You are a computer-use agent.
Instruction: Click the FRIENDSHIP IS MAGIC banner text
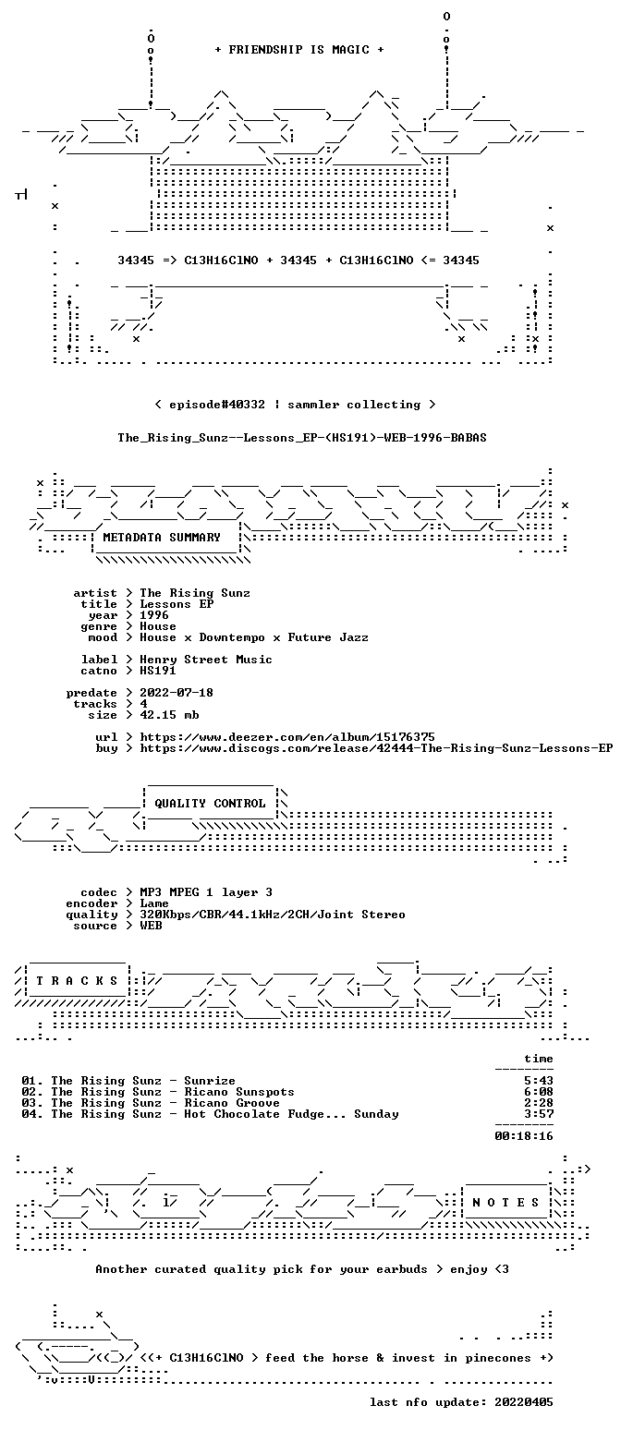(299, 50)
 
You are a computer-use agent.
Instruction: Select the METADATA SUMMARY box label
(162, 538)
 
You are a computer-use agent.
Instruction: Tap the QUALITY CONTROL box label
(210, 804)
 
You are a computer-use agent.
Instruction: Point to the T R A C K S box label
(78, 981)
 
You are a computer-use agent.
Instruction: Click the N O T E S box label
(505, 1203)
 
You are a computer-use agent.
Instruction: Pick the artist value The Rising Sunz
(195, 593)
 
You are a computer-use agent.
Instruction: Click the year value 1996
(154, 615)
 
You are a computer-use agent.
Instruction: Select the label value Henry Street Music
(206, 660)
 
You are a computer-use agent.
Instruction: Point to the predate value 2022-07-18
(177, 693)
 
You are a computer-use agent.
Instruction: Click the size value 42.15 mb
(169, 715)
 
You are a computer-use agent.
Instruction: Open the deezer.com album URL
(287, 737)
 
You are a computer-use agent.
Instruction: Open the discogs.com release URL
(376, 748)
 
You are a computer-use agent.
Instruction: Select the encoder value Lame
(154, 903)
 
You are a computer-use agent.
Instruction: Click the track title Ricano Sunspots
(239, 1092)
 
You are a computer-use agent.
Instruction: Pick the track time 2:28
(539, 1103)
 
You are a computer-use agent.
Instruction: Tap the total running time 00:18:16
(524, 1136)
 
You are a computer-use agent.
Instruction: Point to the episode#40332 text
(217, 405)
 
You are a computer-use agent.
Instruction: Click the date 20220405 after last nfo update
(524, 1402)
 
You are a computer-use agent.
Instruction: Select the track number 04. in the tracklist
(32, 1114)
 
